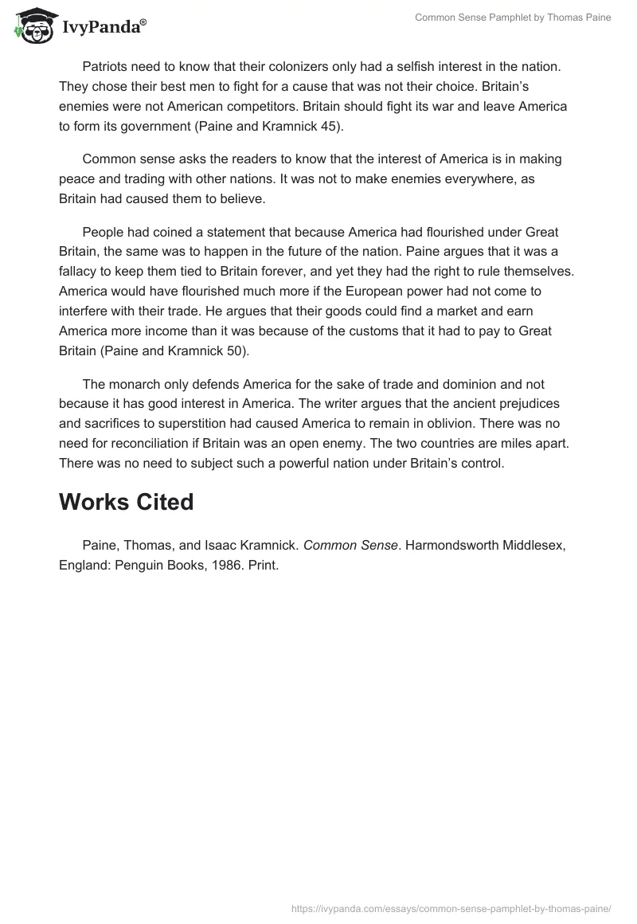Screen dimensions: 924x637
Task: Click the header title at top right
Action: pos(513,18)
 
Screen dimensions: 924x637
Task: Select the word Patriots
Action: pos(107,67)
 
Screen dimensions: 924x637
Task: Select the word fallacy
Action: pos(82,270)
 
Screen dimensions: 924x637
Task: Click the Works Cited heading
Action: pos(126,502)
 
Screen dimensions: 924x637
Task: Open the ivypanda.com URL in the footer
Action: pos(451,906)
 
